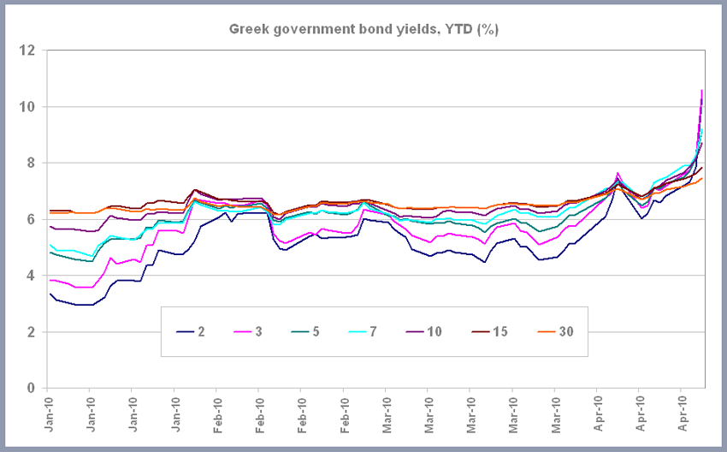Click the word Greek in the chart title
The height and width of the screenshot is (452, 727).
(x=248, y=29)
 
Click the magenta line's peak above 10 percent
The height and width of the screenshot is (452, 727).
(x=702, y=90)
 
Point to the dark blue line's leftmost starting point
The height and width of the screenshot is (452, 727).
(x=50, y=294)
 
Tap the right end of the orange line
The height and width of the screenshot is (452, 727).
(x=703, y=179)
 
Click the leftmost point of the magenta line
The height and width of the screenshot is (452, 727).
(x=50, y=280)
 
